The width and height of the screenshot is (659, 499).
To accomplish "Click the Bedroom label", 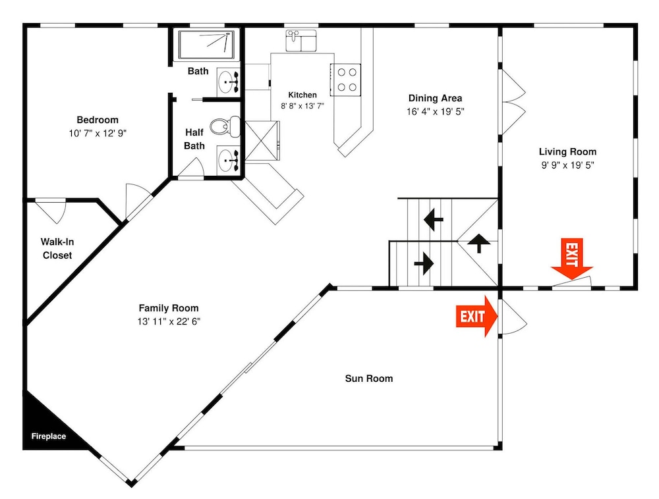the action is pyautogui.click(x=98, y=120).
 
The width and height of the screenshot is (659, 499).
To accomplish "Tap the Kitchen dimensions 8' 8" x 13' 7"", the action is pyautogui.click(x=302, y=106).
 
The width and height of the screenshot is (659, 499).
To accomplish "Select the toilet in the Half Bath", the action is pyautogui.click(x=225, y=126).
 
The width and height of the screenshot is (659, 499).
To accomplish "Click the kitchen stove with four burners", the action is pyautogui.click(x=345, y=80).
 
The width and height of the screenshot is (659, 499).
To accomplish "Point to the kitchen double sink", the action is pyautogui.click(x=301, y=41).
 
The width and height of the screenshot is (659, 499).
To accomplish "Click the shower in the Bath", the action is pyautogui.click(x=206, y=45).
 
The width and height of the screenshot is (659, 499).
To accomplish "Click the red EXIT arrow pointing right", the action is pyautogui.click(x=476, y=316).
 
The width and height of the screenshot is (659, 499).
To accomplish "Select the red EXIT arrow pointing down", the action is pyautogui.click(x=572, y=259).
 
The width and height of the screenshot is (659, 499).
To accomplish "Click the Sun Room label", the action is pyautogui.click(x=369, y=379).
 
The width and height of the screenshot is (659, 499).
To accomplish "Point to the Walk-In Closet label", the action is pyautogui.click(x=57, y=248).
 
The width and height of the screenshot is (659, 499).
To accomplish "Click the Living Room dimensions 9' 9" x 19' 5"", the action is pyautogui.click(x=568, y=165).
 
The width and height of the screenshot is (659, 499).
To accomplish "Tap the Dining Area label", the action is pyautogui.click(x=436, y=98).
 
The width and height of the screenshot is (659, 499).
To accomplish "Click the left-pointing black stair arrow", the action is pyautogui.click(x=434, y=219).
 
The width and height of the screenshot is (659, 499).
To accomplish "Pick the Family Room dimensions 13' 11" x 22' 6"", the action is pyautogui.click(x=169, y=322).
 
